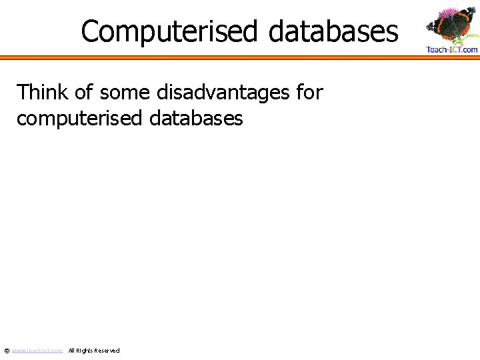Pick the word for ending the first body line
(309, 93)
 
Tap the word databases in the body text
(197, 119)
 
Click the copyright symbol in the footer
(7, 351)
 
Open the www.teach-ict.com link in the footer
(37, 351)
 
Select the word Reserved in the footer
(107, 351)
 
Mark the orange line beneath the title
(240, 58)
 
